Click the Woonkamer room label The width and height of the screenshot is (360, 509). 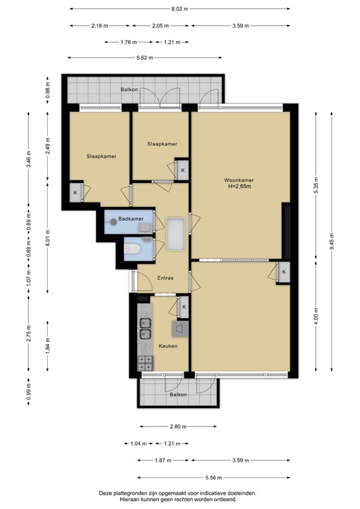(x=239, y=180)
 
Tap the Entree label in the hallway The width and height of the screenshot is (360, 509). (x=164, y=278)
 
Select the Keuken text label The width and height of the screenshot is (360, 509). (x=167, y=346)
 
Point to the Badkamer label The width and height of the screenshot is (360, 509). (x=131, y=218)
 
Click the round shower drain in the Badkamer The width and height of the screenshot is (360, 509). (x=113, y=223)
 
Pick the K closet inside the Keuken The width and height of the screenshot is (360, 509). (x=183, y=307)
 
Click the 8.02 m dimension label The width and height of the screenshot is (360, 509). (x=180, y=9)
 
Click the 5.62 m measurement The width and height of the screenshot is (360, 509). (x=145, y=58)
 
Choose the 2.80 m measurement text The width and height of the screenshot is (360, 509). (x=178, y=427)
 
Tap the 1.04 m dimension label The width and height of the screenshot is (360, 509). (x=136, y=444)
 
